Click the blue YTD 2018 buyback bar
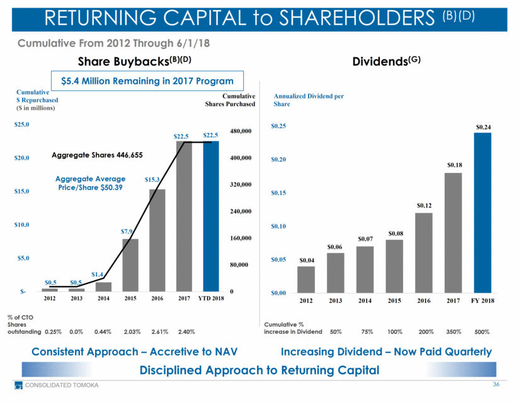tap(211, 216)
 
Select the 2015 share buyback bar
tap(130, 264)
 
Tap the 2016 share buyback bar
tap(157, 240)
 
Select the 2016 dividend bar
tap(423, 252)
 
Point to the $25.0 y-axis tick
tap(22, 125)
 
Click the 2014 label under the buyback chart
tap(103, 299)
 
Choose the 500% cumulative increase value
tap(481, 331)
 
